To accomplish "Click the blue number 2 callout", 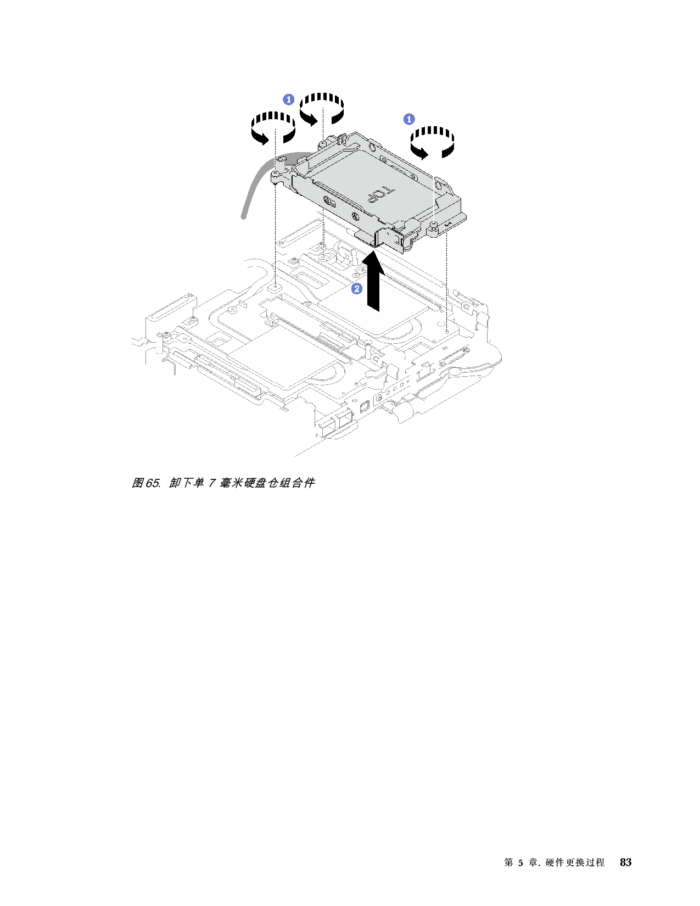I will pos(357,288).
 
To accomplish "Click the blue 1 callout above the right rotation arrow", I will pos(409,119).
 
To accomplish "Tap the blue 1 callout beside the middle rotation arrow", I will pos(288,99).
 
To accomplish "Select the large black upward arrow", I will pos(373,283).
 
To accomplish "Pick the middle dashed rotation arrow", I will pos(322,109).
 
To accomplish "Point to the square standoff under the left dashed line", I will pos(274,287).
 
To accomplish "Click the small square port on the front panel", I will pos(363,407).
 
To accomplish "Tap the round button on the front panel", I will pos(378,397).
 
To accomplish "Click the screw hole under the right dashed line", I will pos(447,331).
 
